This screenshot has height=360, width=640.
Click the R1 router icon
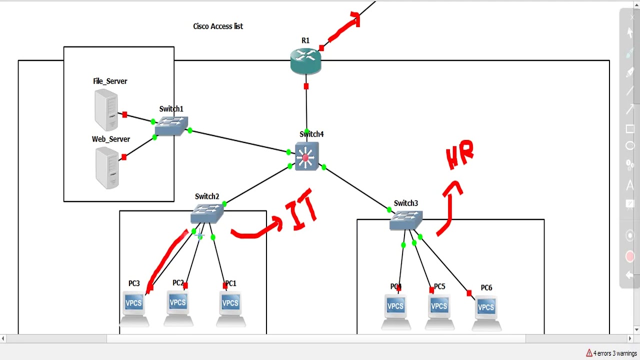pyautogui.click(x=305, y=61)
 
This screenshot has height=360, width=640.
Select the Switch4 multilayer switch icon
pyautogui.click(x=306, y=156)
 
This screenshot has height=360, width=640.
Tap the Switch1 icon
pyautogui.click(x=171, y=126)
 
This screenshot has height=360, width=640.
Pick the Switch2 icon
pyautogui.click(x=207, y=213)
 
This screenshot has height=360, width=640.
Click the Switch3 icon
pyautogui.click(x=406, y=220)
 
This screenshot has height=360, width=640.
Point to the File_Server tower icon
pyautogui.click(x=106, y=110)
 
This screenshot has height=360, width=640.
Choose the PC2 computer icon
pyautogui.click(x=178, y=306)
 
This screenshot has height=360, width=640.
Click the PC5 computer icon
pyautogui.click(x=439, y=310)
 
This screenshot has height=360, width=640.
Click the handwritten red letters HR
pyautogui.click(x=459, y=155)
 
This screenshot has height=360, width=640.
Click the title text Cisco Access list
pyautogui.click(x=218, y=26)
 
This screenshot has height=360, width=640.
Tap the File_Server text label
pyautogui.click(x=110, y=81)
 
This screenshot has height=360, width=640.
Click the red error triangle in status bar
pyautogui.click(x=589, y=353)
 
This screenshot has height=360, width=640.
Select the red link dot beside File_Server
pyautogui.click(x=124, y=114)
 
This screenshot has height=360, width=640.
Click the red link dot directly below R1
pyautogui.click(x=306, y=86)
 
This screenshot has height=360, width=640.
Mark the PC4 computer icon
pyautogui.click(x=395, y=310)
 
